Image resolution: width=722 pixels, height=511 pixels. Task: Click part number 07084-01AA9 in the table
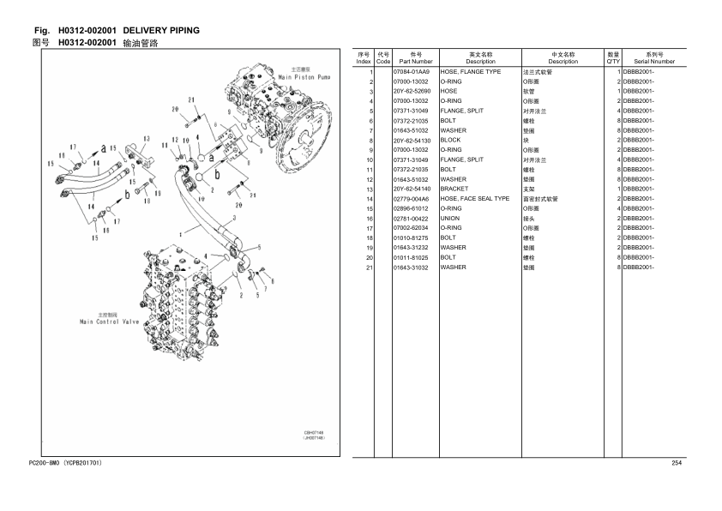(x=411, y=72)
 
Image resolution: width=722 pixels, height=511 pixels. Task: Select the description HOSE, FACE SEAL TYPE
(x=474, y=199)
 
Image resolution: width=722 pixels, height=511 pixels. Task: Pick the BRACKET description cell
(x=454, y=189)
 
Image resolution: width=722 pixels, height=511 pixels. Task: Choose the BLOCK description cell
(x=450, y=141)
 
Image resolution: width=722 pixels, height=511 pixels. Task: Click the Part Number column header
(x=415, y=58)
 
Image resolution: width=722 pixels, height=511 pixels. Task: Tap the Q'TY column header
(x=613, y=58)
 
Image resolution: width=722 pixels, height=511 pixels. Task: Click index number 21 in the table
(x=370, y=268)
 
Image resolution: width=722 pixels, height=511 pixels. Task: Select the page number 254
(x=676, y=464)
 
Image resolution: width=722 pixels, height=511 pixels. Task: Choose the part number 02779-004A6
(x=411, y=199)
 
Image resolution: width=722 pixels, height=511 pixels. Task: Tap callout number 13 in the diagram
(x=147, y=139)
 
